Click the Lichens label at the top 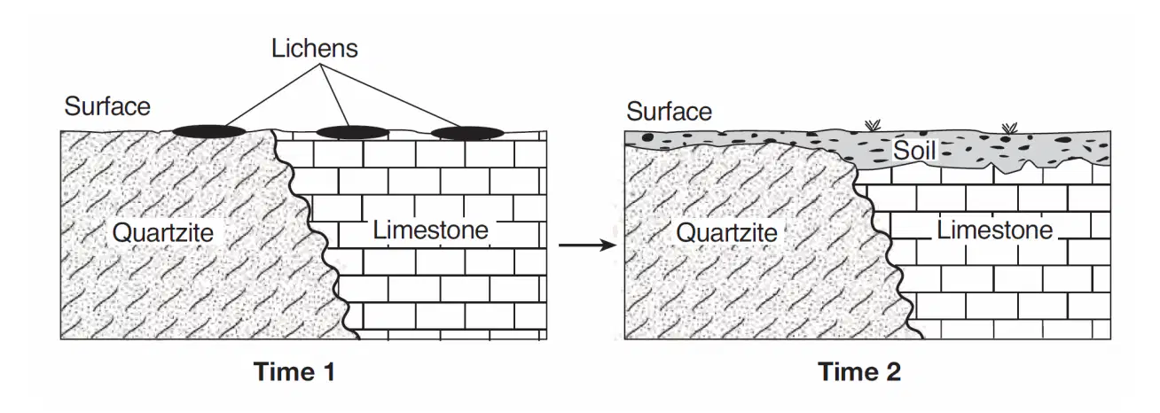(x=314, y=49)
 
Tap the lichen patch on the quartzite (x=208, y=131)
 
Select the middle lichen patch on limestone (x=353, y=132)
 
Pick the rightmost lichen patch (x=467, y=133)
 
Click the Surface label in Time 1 (x=107, y=106)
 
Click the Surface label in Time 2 (x=669, y=112)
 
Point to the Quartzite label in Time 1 (x=162, y=233)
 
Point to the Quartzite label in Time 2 (x=726, y=233)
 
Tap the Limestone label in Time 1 (x=430, y=230)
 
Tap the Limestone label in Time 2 (x=995, y=230)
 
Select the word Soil (x=914, y=151)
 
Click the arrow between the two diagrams (x=587, y=245)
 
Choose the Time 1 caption (x=294, y=371)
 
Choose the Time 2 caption (x=859, y=371)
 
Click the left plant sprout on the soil (x=874, y=125)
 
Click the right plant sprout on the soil (x=1009, y=128)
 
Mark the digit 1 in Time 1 (x=328, y=371)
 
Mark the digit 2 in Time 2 (x=892, y=371)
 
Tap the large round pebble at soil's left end (x=647, y=137)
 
